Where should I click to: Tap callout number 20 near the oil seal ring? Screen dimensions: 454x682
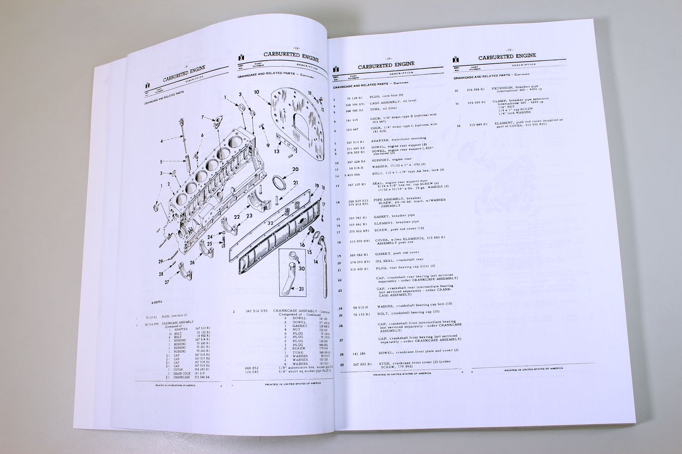point(295,169)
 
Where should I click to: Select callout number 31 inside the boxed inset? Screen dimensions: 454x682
point(302,289)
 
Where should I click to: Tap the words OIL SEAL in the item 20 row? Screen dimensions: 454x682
point(382,262)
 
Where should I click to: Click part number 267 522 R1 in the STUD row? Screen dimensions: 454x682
point(360,364)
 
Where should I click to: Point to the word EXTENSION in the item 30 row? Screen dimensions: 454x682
point(502,89)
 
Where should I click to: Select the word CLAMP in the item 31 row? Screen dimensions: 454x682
point(499,103)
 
